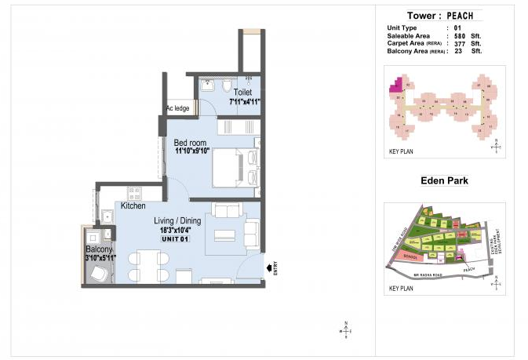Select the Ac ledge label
pyautogui.click(x=177, y=109)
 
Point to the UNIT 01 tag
pyautogui.click(x=177, y=238)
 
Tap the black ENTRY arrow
pyautogui.click(x=271, y=268)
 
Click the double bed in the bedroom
pyautogui.click(x=233, y=166)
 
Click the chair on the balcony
pyautogui.click(x=100, y=272)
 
